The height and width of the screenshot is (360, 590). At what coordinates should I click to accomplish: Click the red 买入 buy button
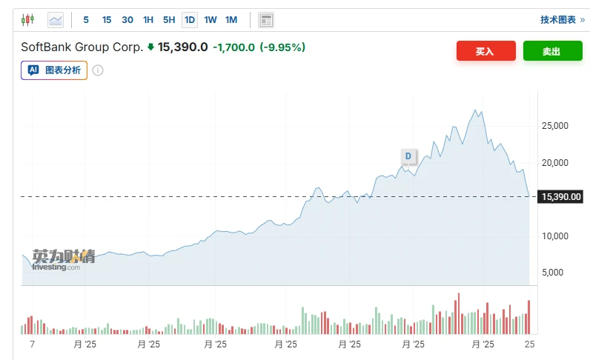pyautogui.click(x=485, y=51)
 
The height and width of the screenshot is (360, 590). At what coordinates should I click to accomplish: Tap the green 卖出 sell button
pyautogui.click(x=552, y=51)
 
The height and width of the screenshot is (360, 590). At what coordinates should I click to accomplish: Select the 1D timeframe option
pyautogui.click(x=190, y=20)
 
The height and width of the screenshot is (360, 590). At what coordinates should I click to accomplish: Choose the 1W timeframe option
pyautogui.click(x=211, y=20)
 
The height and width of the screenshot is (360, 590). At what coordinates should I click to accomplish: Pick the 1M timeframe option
pyautogui.click(x=231, y=20)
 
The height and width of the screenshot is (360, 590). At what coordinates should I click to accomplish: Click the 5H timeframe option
pyautogui.click(x=169, y=20)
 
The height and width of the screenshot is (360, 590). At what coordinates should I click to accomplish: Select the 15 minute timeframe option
pyautogui.click(x=107, y=20)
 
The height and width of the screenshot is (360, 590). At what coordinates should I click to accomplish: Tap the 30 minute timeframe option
pyautogui.click(x=127, y=20)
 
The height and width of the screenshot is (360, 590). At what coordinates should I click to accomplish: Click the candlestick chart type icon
pyautogui.click(x=28, y=20)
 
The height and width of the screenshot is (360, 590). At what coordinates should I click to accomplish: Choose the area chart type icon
pyautogui.click(x=56, y=20)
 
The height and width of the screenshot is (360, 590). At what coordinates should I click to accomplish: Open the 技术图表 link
pyautogui.click(x=562, y=20)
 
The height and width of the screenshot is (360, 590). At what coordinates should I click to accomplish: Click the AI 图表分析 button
pyautogui.click(x=54, y=70)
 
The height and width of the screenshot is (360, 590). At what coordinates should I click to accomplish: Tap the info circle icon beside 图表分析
pyautogui.click(x=98, y=71)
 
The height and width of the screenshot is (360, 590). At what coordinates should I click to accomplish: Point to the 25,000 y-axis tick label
pyautogui.click(x=554, y=126)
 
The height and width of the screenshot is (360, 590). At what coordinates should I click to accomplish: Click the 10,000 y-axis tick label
pyautogui.click(x=554, y=236)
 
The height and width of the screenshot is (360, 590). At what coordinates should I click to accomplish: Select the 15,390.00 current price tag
pyautogui.click(x=560, y=197)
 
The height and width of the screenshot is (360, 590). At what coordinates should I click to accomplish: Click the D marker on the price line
pyautogui.click(x=408, y=156)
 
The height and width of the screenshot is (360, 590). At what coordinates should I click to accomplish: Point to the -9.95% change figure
pyautogui.click(x=282, y=47)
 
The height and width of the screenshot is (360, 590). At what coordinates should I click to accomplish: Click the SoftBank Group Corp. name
pyautogui.click(x=82, y=47)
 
